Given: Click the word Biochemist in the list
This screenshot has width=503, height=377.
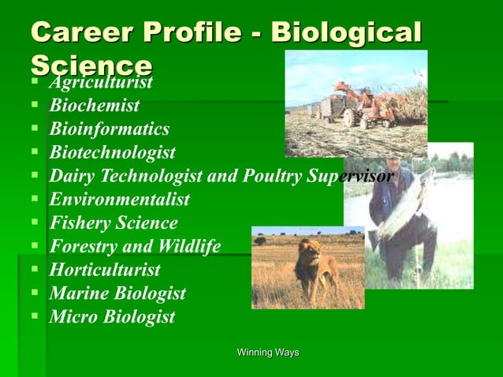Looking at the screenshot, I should (x=95, y=105).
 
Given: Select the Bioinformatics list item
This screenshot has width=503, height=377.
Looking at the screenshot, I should (x=110, y=129).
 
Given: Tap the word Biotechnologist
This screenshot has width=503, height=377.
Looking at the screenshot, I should (x=113, y=152).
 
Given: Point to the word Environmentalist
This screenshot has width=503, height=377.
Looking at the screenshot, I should (x=120, y=200).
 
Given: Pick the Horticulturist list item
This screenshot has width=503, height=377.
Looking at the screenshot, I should (x=105, y=271).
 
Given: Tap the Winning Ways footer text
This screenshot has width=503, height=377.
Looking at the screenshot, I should (x=268, y=353).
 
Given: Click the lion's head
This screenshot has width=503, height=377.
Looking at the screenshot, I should (x=307, y=253).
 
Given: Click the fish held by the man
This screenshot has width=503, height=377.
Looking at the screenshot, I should (x=409, y=200).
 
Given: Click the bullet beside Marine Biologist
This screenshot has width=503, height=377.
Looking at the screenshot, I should (x=35, y=293).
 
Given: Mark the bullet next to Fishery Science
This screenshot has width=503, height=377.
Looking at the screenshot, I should (x=35, y=222).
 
